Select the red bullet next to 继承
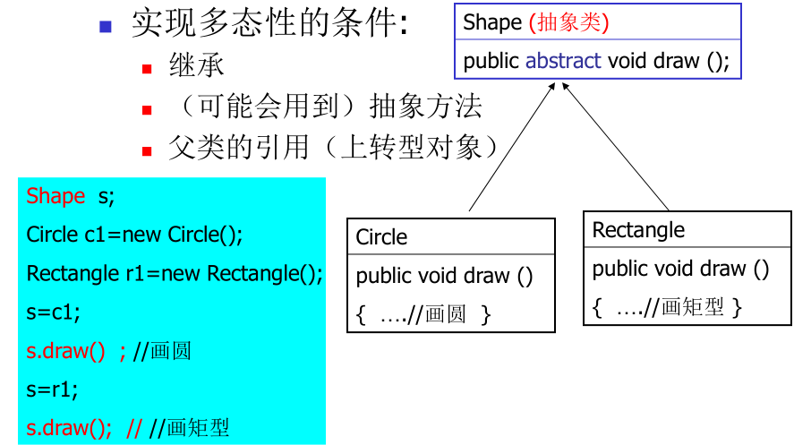[x=148, y=69]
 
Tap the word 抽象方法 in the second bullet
[x=426, y=107]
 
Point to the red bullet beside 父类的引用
[x=148, y=150]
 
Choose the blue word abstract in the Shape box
[x=563, y=61]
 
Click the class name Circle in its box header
[x=381, y=237]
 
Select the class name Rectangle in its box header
[x=638, y=230]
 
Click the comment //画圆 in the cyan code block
[x=161, y=351]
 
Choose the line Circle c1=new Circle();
[x=134, y=235]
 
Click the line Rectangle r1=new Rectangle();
[x=175, y=273]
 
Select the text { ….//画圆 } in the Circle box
[x=423, y=314]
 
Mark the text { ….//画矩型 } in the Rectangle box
[x=667, y=307]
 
